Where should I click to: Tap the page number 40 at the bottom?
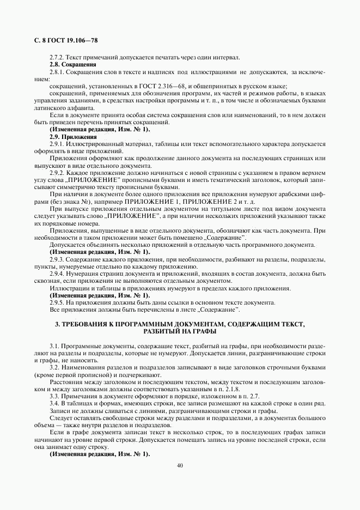180,465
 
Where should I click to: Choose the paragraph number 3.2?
54,367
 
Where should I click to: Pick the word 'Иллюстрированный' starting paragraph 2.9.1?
92,144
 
